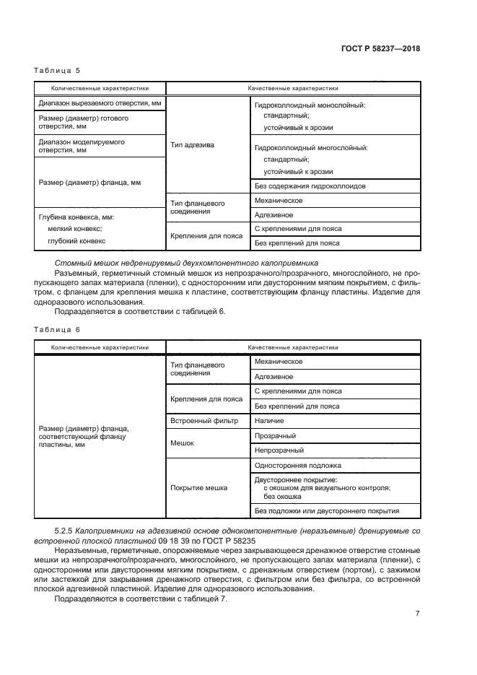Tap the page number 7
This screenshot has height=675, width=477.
tap(417, 614)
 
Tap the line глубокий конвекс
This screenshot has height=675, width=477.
tap(76, 240)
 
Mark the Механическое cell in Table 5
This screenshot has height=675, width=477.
tap(279, 200)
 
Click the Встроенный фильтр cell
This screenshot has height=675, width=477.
tap(204, 420)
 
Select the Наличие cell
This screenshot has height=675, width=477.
tap(269, 420)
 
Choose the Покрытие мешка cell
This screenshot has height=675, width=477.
tap(198, 487)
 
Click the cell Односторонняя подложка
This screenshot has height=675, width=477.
tap(298, 465)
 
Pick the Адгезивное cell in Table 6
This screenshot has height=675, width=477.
tap(273, 376)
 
